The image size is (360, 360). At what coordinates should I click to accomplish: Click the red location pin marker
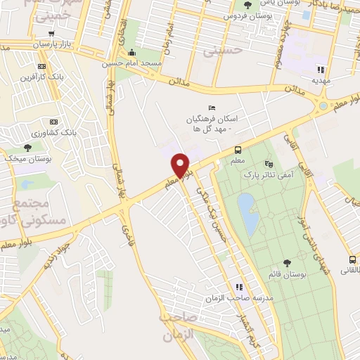pos(181,165)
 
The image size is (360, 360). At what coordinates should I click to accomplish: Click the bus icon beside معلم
pos(238,150)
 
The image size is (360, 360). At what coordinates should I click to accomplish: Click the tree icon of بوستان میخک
pos(27,147)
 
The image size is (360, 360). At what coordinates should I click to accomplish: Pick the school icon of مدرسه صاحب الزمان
pos(239,287)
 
